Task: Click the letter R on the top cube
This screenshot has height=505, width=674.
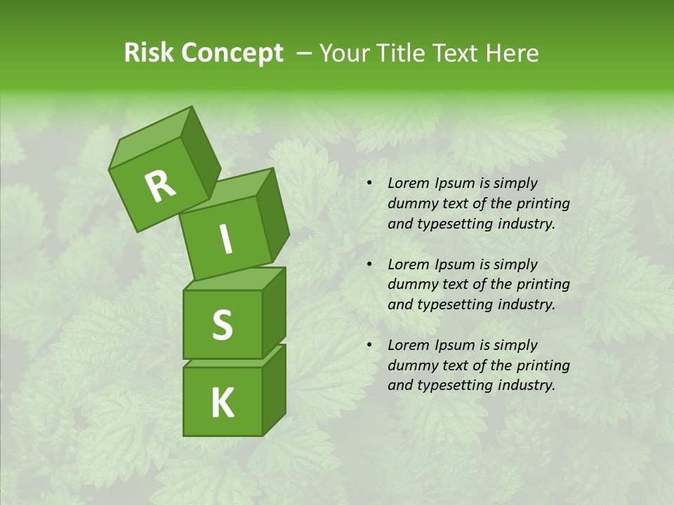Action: pos(160,187)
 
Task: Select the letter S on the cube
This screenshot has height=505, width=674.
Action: pos(222,325)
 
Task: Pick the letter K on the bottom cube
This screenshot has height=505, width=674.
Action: pos(222,403)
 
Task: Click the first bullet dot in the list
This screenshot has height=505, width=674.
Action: pos(369,184)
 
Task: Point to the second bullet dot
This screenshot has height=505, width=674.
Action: pos(369,264)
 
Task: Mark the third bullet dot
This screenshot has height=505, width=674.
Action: pos(369,345)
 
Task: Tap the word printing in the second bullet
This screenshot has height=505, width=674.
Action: pos(544,284)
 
